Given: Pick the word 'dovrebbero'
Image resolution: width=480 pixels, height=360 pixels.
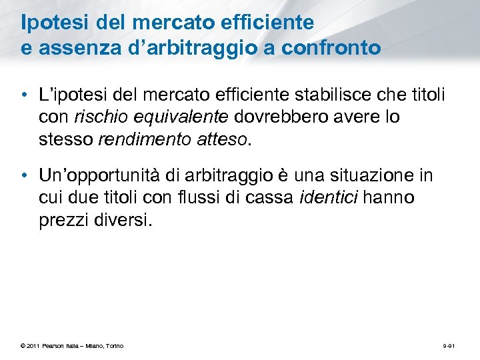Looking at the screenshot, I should [273, 117].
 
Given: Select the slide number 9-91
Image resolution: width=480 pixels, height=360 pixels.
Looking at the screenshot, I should [449, 345].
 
